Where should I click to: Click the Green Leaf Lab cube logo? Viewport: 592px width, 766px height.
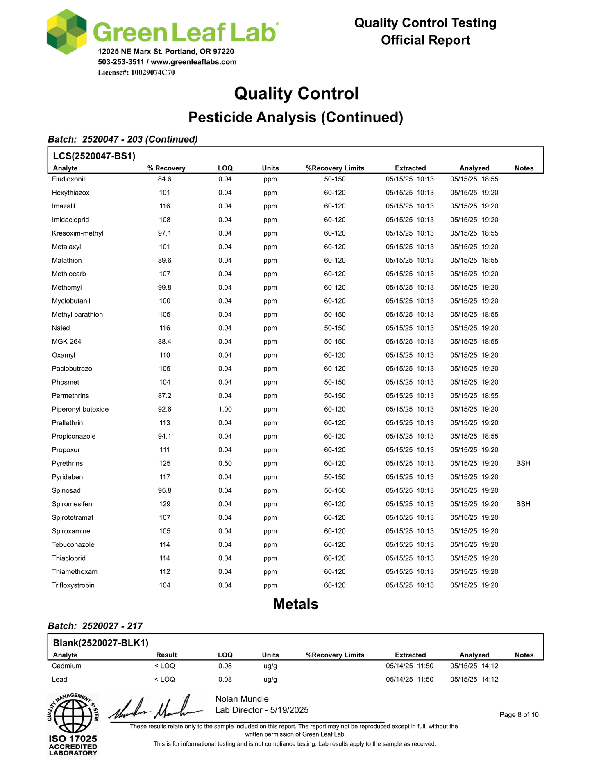66,32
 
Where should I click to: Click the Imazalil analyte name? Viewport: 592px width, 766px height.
64,206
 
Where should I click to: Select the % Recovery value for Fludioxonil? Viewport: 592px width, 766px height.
165,179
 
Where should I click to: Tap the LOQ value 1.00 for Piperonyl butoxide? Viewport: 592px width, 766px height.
225,409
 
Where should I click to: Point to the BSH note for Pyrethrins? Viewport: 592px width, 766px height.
523,463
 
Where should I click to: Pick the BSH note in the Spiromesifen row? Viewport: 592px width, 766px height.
523,504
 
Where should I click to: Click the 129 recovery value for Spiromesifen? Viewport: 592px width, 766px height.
165,504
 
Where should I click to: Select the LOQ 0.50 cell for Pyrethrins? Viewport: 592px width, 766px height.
225,463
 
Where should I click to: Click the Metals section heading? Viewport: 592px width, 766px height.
296,604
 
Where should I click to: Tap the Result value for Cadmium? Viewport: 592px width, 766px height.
165,666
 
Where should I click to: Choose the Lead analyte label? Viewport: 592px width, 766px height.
59,679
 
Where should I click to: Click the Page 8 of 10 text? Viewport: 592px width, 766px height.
519,715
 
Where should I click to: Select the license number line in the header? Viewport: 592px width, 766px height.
136,73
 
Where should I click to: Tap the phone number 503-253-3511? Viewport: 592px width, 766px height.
121,62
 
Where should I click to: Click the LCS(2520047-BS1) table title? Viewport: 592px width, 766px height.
94,156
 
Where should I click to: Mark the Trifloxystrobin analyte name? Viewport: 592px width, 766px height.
73,585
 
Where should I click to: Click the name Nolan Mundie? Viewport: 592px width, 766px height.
242,699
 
